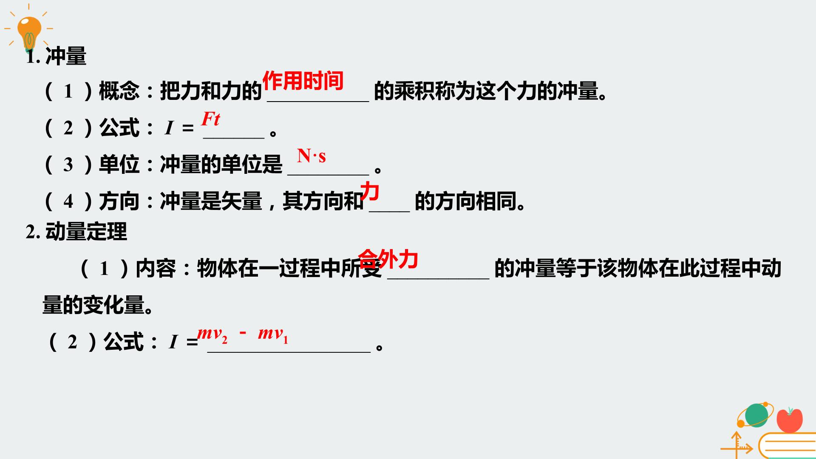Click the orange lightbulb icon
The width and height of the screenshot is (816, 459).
point(29,32)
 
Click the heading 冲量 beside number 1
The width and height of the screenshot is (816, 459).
point(66,56)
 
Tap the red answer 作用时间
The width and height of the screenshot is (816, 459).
point(303,80)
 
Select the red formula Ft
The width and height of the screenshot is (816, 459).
point(211,119)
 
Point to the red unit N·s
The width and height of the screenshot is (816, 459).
point(312,156)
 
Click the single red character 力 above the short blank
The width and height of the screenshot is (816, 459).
point(370,191)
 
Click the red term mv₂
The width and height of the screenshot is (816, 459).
point(212,334)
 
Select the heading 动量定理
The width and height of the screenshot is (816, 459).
point(86,232)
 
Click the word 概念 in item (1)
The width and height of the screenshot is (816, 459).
point(119,91)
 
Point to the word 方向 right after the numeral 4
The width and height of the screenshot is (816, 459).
point(119,201)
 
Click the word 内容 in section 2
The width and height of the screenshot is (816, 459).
point(156,268)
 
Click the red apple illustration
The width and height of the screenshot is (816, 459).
point(790,420)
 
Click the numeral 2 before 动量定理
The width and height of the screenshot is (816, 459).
point(31,232)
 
